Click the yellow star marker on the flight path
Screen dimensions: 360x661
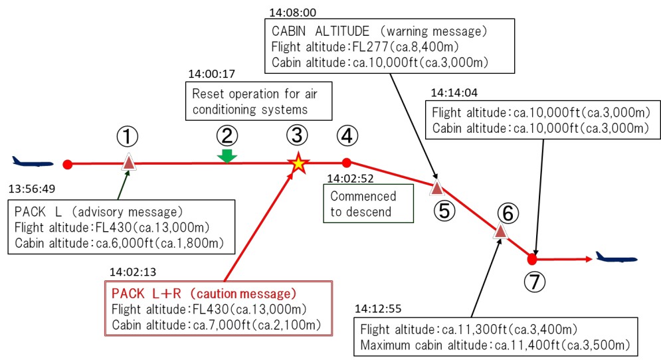[x=299, y=163]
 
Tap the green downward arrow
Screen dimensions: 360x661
[x=227, y=155]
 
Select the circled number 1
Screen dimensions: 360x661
[x=128, y=137]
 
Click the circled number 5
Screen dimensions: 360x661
[x=446, y=211]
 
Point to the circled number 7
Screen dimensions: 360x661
[x=535, y=282]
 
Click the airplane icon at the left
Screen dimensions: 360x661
[x=32, y=161]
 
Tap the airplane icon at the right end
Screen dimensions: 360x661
[x=616, y=257]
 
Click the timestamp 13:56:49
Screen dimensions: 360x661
[x=31, y=189]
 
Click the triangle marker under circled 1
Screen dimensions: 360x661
[x=129, y=162]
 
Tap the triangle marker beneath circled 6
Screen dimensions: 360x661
[x=500, y=231]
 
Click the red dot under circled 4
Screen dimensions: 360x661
[x=346, y=162]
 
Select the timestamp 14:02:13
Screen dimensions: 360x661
[x=133, y=272]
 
